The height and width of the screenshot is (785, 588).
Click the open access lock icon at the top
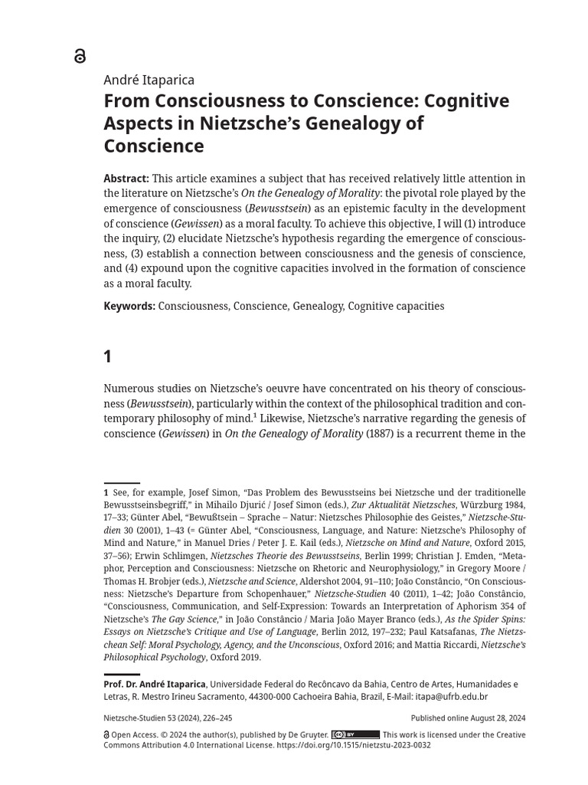point(80,55)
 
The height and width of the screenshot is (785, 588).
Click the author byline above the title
point(149,80)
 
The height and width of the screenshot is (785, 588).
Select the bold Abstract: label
point(126,179)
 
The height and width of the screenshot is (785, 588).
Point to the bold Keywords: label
point(129,306)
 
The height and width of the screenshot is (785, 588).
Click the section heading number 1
point(108,356)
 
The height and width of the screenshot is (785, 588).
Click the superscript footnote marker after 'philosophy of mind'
point(255,417)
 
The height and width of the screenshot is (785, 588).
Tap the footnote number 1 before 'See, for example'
point(106,492)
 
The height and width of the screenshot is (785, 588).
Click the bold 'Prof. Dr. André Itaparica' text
point(155,685)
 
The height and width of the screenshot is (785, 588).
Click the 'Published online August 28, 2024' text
point(468,718)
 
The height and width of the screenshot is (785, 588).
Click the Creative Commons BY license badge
point(355,734)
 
